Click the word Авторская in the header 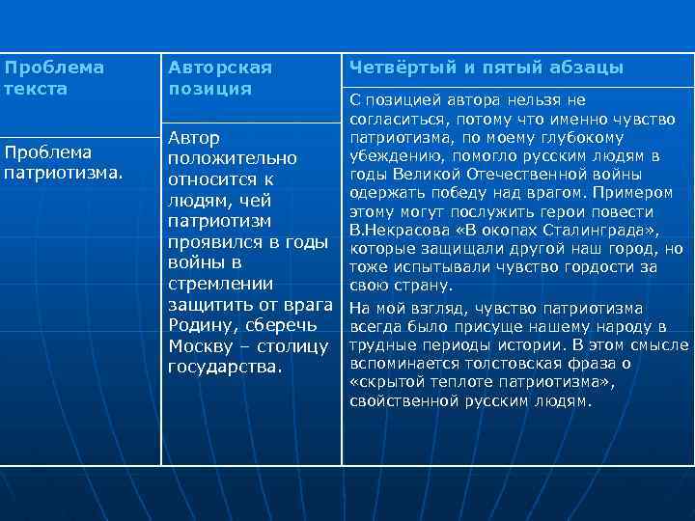[x=220, y=68]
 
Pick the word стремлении [x=214, y=285]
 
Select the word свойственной [x=405, y=400]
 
